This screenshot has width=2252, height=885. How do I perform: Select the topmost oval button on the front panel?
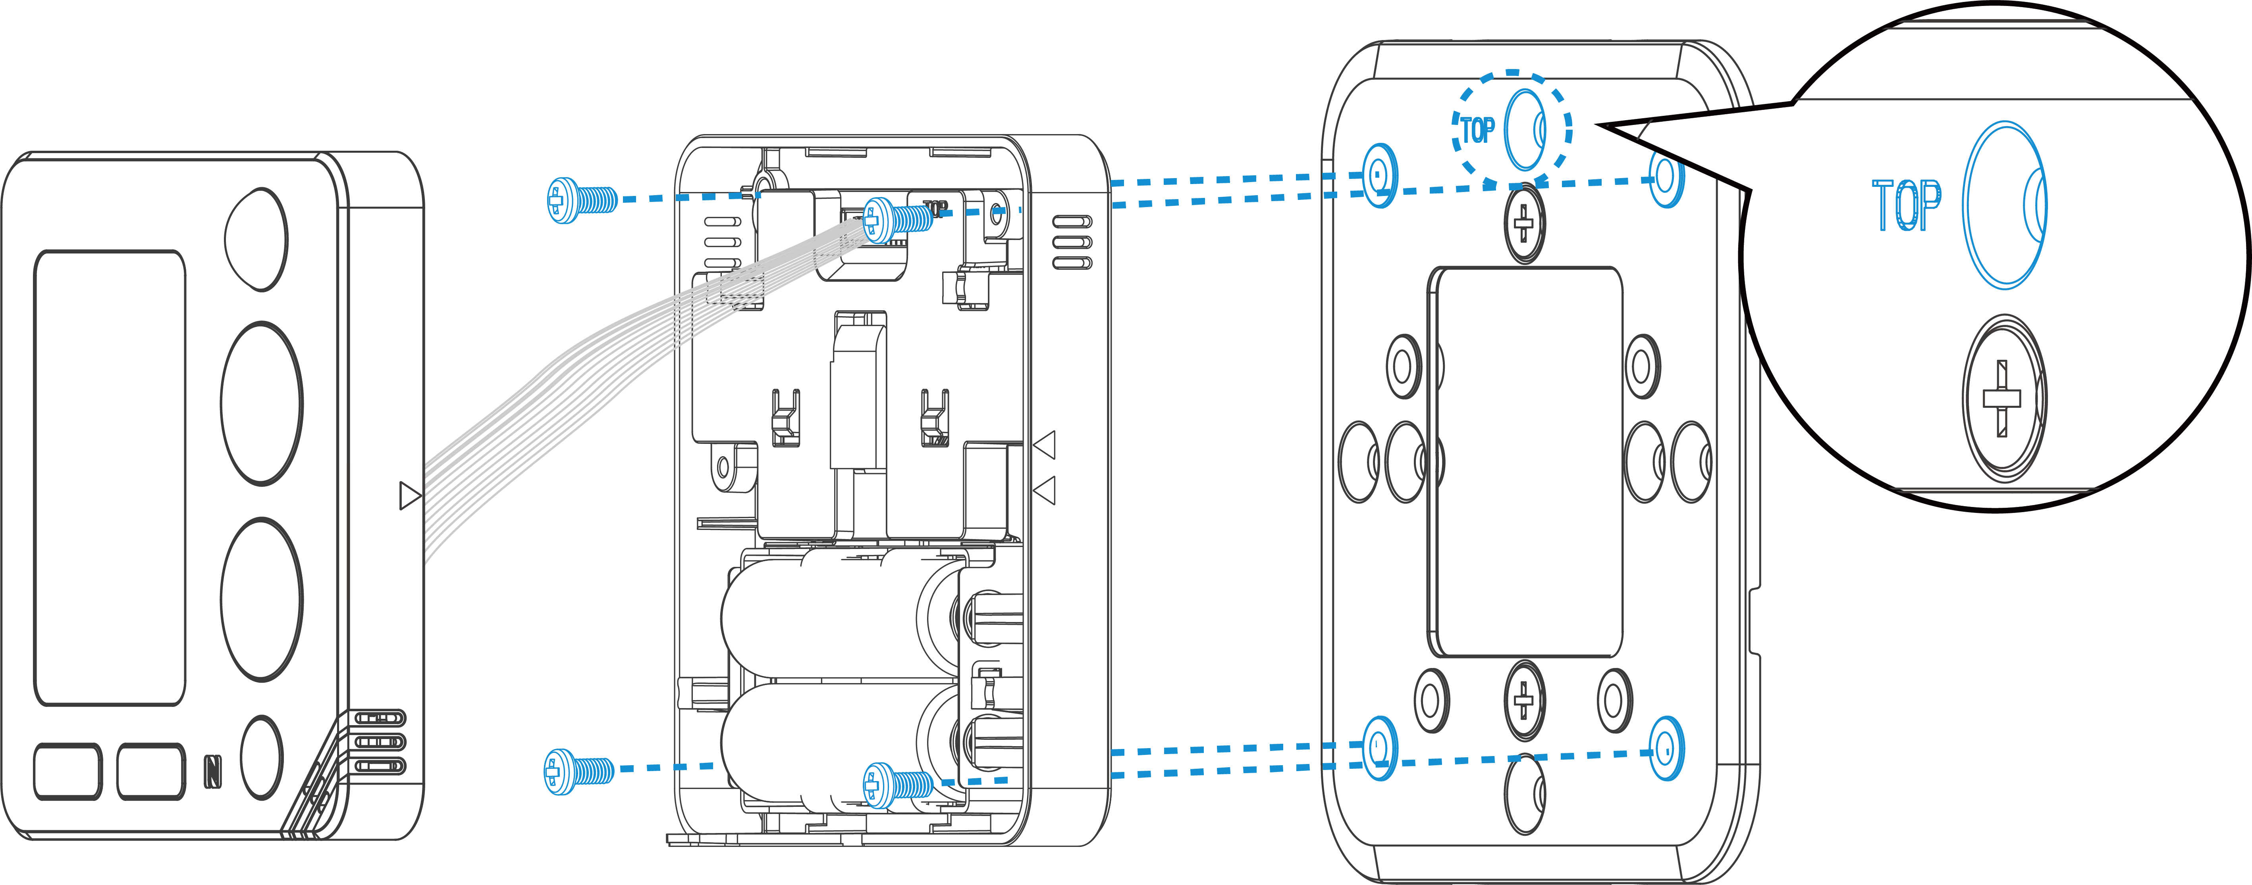coord(256,238)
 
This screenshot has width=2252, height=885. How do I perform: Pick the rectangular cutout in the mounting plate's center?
coord(1525,461)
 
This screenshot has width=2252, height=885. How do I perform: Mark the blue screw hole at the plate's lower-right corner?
coord(1666,749)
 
